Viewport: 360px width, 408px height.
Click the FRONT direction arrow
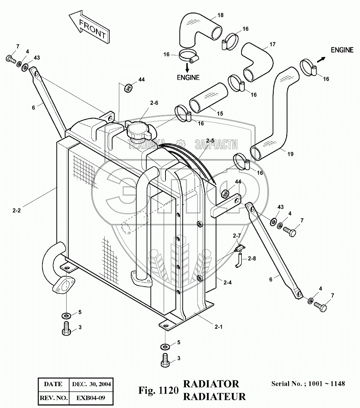(89, 28)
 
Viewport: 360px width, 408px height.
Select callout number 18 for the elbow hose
(220, 15)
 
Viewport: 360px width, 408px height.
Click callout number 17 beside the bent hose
(272, 45)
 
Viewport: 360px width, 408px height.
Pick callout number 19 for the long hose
(290, 154)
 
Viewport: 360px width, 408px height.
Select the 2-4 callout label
(228, 283)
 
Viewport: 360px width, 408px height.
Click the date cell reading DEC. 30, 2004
(91, 384)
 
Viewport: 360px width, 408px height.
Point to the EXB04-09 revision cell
(91, 398)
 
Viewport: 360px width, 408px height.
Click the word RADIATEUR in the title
(214, 396)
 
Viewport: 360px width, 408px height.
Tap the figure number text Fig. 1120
(158, 390)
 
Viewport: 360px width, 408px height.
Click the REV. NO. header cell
(53, 398)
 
